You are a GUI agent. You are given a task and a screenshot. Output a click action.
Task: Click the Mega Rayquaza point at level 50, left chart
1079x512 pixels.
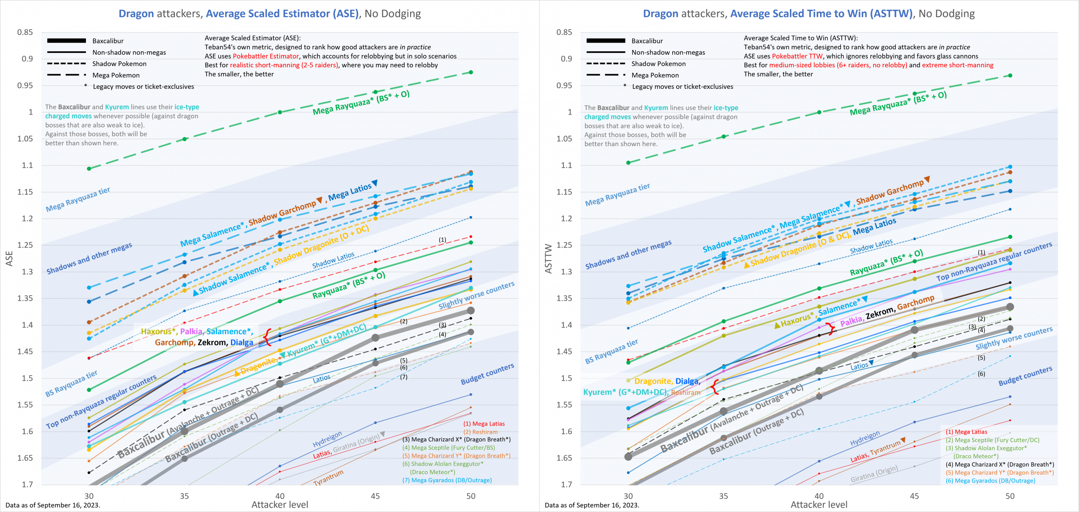point(471,72)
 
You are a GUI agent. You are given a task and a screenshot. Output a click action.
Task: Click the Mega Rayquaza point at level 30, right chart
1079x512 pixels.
point(628,163)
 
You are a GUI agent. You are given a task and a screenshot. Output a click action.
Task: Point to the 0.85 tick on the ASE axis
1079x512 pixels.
point(25,32)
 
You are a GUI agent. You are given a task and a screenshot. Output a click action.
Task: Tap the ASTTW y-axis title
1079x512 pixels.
point(548,259)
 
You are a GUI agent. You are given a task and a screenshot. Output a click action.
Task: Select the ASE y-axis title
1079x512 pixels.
point(9,259)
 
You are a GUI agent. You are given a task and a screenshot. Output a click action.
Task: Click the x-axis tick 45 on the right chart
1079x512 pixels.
point(914,496)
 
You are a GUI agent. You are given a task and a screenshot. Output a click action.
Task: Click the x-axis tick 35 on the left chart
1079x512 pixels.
point(184,496)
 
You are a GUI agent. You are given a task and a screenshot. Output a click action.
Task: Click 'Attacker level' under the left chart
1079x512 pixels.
point(280,505)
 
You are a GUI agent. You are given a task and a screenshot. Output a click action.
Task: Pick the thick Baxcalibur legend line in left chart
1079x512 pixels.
point(67,41)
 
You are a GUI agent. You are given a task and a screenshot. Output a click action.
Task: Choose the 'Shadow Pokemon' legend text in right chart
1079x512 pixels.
point(658,64)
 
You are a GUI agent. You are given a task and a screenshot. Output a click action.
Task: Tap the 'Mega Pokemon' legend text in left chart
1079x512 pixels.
point(116,75)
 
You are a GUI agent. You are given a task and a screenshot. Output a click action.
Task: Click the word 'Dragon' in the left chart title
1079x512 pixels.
point(136,14)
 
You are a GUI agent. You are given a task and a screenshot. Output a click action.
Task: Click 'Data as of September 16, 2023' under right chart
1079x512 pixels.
point(592,505)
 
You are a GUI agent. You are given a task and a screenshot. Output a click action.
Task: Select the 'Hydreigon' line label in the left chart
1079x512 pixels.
point(327,439)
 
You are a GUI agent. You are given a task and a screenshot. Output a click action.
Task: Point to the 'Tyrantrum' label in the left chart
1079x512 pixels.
point(328,478)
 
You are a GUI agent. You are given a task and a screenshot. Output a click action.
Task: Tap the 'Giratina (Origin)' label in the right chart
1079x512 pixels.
point(874,474)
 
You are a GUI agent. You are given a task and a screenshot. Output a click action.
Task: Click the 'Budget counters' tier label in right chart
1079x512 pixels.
point(1025,376)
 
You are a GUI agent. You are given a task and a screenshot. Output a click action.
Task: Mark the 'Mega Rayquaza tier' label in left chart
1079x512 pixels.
point(78,199)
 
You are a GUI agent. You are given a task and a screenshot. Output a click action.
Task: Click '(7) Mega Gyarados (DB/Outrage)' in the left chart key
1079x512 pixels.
point(447,480)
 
